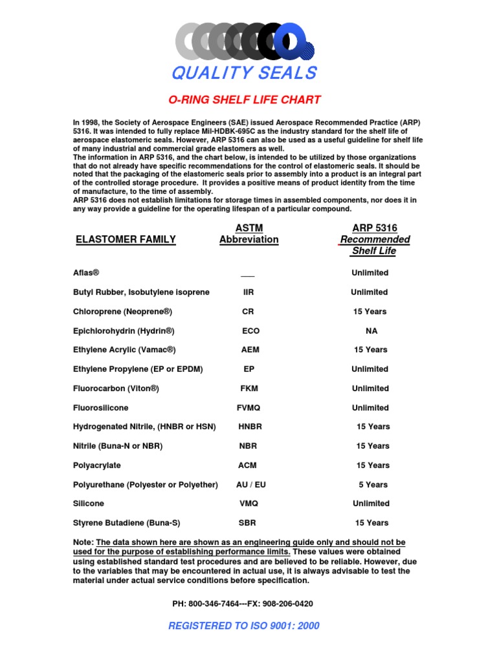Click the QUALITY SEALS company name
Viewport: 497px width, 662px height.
click(244, 73)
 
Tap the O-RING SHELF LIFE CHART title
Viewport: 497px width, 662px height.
click(245, 100)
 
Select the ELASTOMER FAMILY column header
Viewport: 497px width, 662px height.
click(126, 239)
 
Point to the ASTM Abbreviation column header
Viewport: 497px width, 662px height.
click(248, 233)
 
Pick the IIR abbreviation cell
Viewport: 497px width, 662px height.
click(248, 292)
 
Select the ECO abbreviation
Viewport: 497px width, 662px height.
click(250, 331)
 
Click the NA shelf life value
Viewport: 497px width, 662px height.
click(371, 331)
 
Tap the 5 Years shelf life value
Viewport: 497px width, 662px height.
click(373, 485)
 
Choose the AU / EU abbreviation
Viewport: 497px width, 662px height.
click(251, 485)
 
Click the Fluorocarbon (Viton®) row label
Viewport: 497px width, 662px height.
click(116, 389)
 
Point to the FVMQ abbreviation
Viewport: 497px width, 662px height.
click(249, 408)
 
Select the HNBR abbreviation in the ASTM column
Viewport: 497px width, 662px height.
click(250, 427)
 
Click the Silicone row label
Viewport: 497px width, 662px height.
click(89, 504)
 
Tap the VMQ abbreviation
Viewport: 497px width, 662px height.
click(248, 504)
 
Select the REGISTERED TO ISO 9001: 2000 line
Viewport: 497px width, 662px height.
click(244, 626)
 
